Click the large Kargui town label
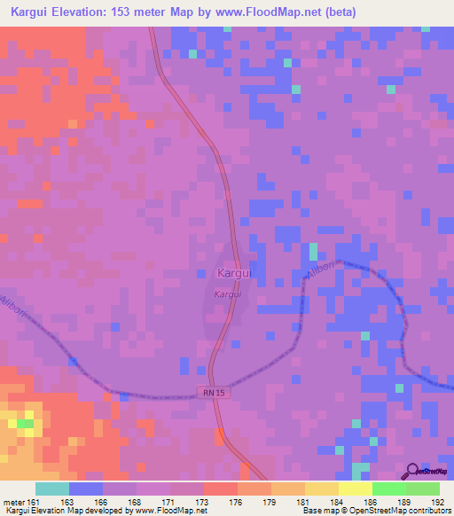tap(235, 273)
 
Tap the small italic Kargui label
tap(227, 293)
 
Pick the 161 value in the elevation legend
tap(34, 501)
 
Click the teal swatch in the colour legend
tap(52, 489)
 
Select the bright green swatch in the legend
tap(388, 489)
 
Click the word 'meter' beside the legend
tap(12, 501)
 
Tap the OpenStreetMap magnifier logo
tap(412, 472)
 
